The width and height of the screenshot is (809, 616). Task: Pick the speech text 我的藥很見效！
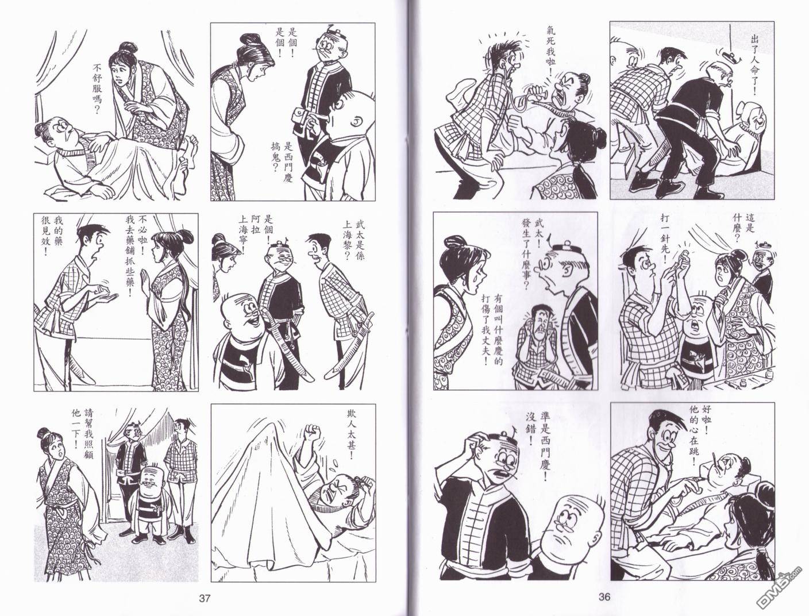click(x=52, y=236)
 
